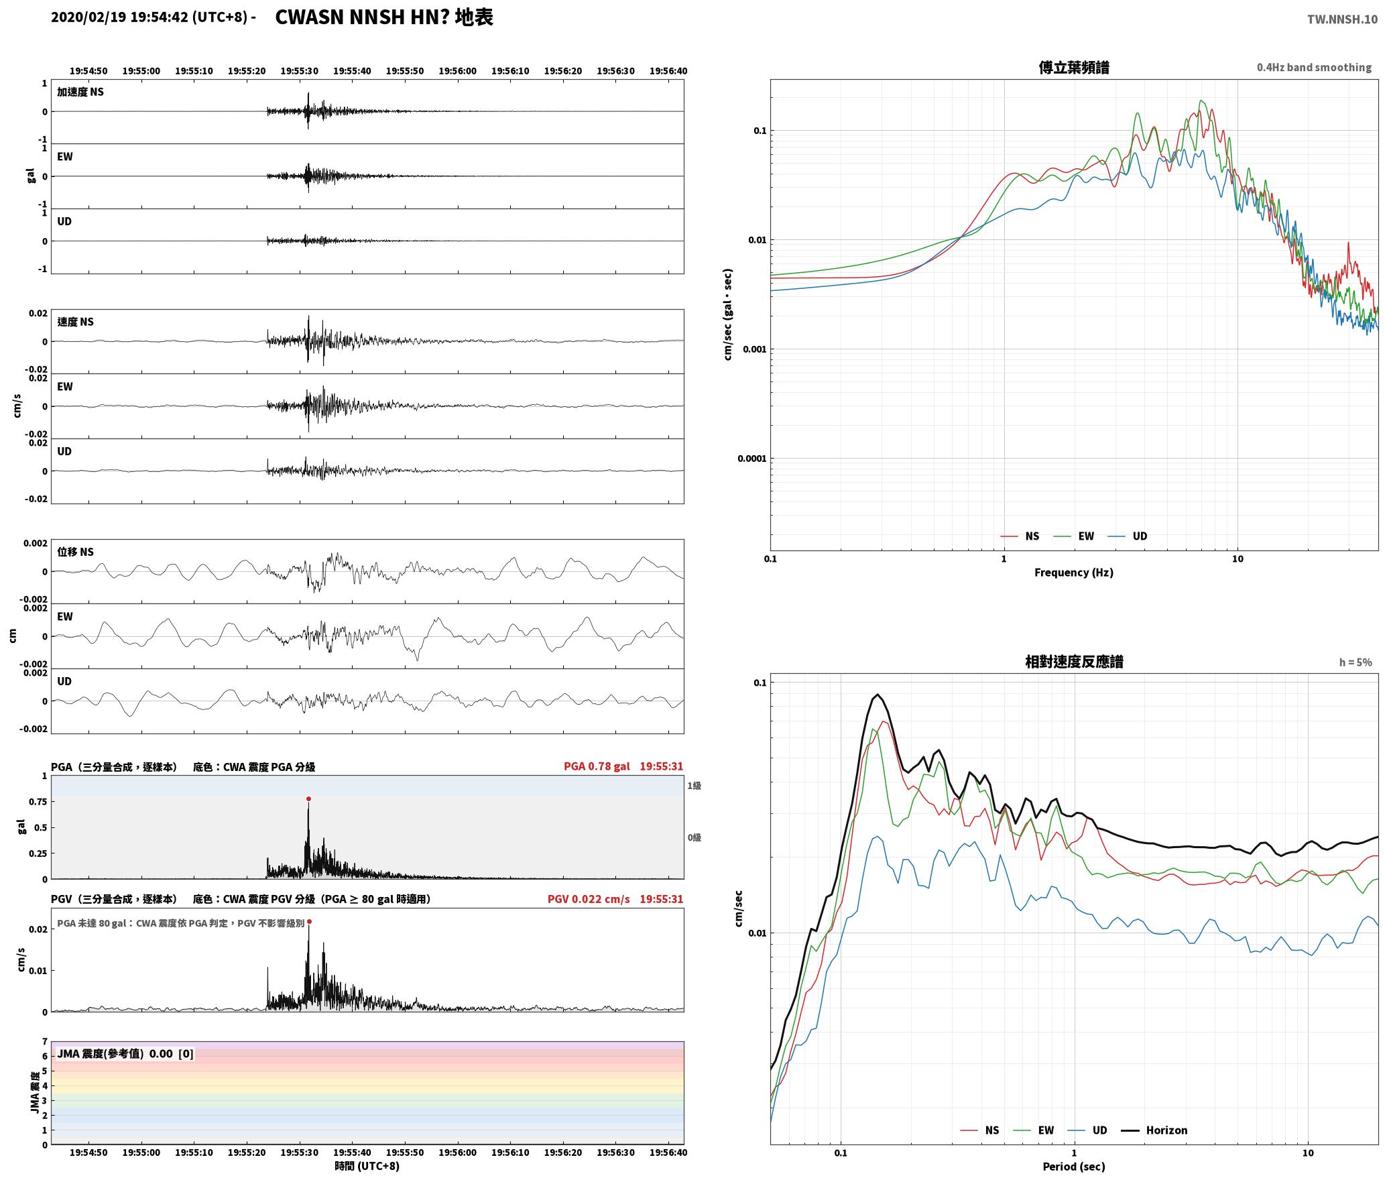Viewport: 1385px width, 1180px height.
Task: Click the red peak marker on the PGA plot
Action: pyautogui.click(x=308, y=799)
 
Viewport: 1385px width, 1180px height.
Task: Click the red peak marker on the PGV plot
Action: pyautogui.click(x=309, y=922)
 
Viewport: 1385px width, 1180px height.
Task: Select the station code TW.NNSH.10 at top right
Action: pyautogui.click(x=1342, y=19)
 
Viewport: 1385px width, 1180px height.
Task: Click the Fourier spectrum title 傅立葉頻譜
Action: pyautogui.click(x=1074, y=68)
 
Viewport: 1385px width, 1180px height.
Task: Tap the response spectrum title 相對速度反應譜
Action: pyautogui.click(x=1074, y=662)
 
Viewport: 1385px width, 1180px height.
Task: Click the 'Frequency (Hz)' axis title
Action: pyautogui.click(x=1074, y=572)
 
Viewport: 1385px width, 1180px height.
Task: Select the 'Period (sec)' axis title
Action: pyautogui.click(x=1074, y=1166)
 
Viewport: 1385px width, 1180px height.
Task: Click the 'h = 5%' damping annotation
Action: pyautogui.click(x=1356, y=662)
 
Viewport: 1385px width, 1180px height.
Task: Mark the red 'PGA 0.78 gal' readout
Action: pyautogui.click(x=597, y=766)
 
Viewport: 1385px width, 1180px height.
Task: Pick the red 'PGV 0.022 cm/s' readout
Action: pyautogui.click(x=589, y=899)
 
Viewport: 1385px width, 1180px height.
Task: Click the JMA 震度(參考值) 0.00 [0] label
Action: pyautogui.click(x=125, y=1053)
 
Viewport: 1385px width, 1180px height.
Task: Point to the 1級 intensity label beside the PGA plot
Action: pyautogui.click(x=694, y=785)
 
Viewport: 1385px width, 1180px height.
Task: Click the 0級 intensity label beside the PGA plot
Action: pyautogui.click(x=694, y=837)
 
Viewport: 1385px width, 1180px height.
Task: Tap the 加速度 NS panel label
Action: pyautogui.click(x=80, y=92)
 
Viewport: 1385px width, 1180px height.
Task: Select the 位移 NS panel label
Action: pyautogui.click(x=76, y=552)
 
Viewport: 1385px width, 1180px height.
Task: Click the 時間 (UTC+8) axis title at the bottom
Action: pyautogui.click(x=367, y=1166)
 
